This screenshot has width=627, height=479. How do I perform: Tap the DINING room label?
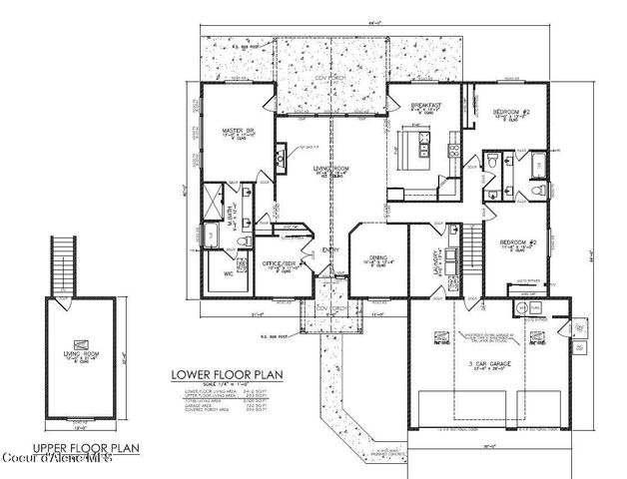click(x=378, y=257)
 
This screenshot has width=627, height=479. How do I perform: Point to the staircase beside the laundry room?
click(x=467, y=241)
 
